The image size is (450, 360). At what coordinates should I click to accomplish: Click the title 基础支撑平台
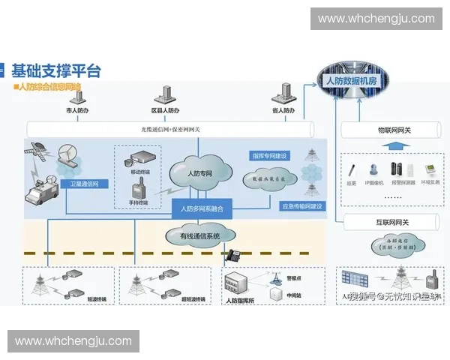tap(56, 71)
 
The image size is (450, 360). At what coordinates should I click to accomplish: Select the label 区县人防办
tap(165, 111)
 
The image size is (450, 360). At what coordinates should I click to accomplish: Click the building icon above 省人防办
tap(282, 94)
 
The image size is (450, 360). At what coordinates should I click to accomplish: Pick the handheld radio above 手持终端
tap(136, 191)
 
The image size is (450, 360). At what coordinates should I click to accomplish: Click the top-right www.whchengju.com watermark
tap(376, 18)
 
